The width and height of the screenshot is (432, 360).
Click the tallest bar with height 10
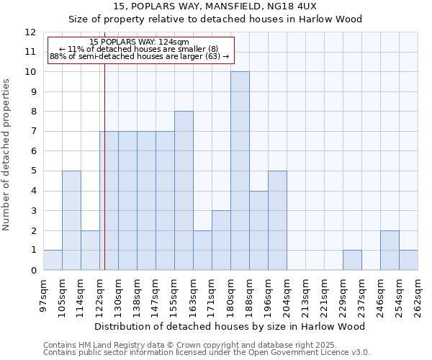click(240, 171)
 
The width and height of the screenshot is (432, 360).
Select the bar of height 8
click(184, 191)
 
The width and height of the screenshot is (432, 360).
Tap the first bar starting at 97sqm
click(53, 260)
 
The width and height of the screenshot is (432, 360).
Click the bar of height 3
click(221, 240)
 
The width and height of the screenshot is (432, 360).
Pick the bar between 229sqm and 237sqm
click(352, 260)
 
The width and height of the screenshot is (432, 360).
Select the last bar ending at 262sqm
click(408, 260)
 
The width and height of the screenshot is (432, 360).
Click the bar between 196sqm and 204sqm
click(277, 220)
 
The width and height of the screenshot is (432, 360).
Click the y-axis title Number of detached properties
click(6, 155)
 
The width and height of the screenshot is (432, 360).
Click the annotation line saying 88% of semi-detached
click(140, 56)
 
